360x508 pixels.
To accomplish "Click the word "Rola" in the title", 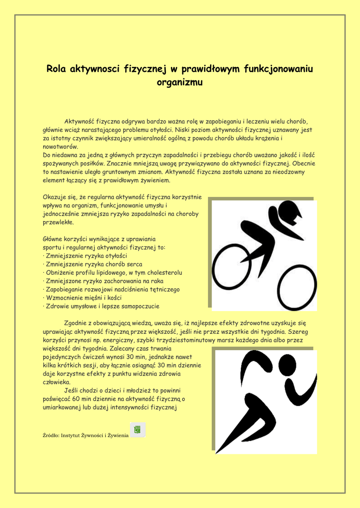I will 57,69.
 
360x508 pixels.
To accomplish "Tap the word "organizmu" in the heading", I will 180,82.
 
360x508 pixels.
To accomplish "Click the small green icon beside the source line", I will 138,430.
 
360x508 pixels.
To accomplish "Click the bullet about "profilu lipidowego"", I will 112,272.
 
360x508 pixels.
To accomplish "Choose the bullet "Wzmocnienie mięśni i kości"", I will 82,298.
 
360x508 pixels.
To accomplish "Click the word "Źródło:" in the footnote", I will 51,436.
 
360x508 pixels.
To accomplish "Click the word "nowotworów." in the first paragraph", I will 60,147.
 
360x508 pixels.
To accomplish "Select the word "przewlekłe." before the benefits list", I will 59,222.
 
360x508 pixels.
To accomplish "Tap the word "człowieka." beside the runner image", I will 57,382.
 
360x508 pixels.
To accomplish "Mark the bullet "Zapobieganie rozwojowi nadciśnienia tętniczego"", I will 111,289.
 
